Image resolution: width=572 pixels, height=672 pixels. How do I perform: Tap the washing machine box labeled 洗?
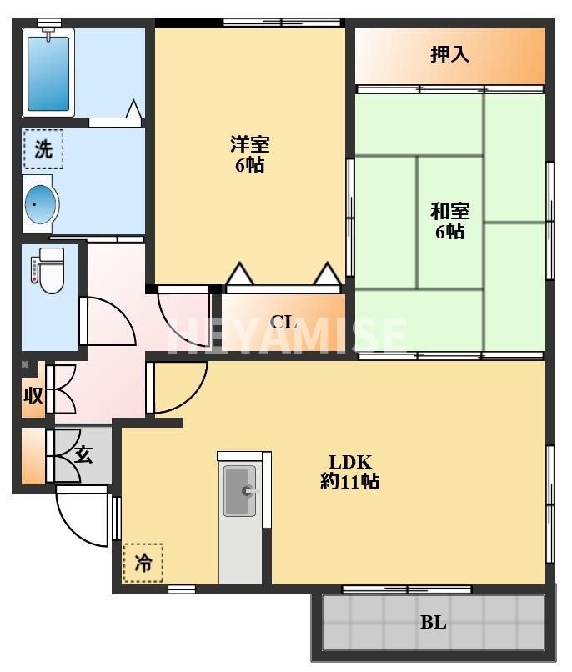pos(43,149)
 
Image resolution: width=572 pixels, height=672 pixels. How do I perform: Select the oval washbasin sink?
pos(41,204)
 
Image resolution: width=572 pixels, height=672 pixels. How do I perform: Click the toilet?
pos(48,270)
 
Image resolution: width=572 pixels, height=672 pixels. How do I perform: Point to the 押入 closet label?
pos(449,54)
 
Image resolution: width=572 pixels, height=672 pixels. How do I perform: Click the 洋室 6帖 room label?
pos(250,154)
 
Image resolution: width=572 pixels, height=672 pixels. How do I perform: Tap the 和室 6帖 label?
pos(450,221)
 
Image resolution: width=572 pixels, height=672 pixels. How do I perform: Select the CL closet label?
pos(283,322)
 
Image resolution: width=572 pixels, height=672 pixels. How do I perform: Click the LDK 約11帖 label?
pos(349,472)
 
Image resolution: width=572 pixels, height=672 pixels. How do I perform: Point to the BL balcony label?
pos(434,622)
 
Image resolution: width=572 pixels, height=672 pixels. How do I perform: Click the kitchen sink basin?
pos(240,491)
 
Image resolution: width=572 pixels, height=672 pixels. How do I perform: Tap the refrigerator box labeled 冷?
pos(143,563)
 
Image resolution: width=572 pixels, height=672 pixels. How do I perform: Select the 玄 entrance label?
pos(83,454)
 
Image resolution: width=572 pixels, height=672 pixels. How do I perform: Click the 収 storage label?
pos(33,395)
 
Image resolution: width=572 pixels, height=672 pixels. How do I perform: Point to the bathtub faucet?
pos(48,33)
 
